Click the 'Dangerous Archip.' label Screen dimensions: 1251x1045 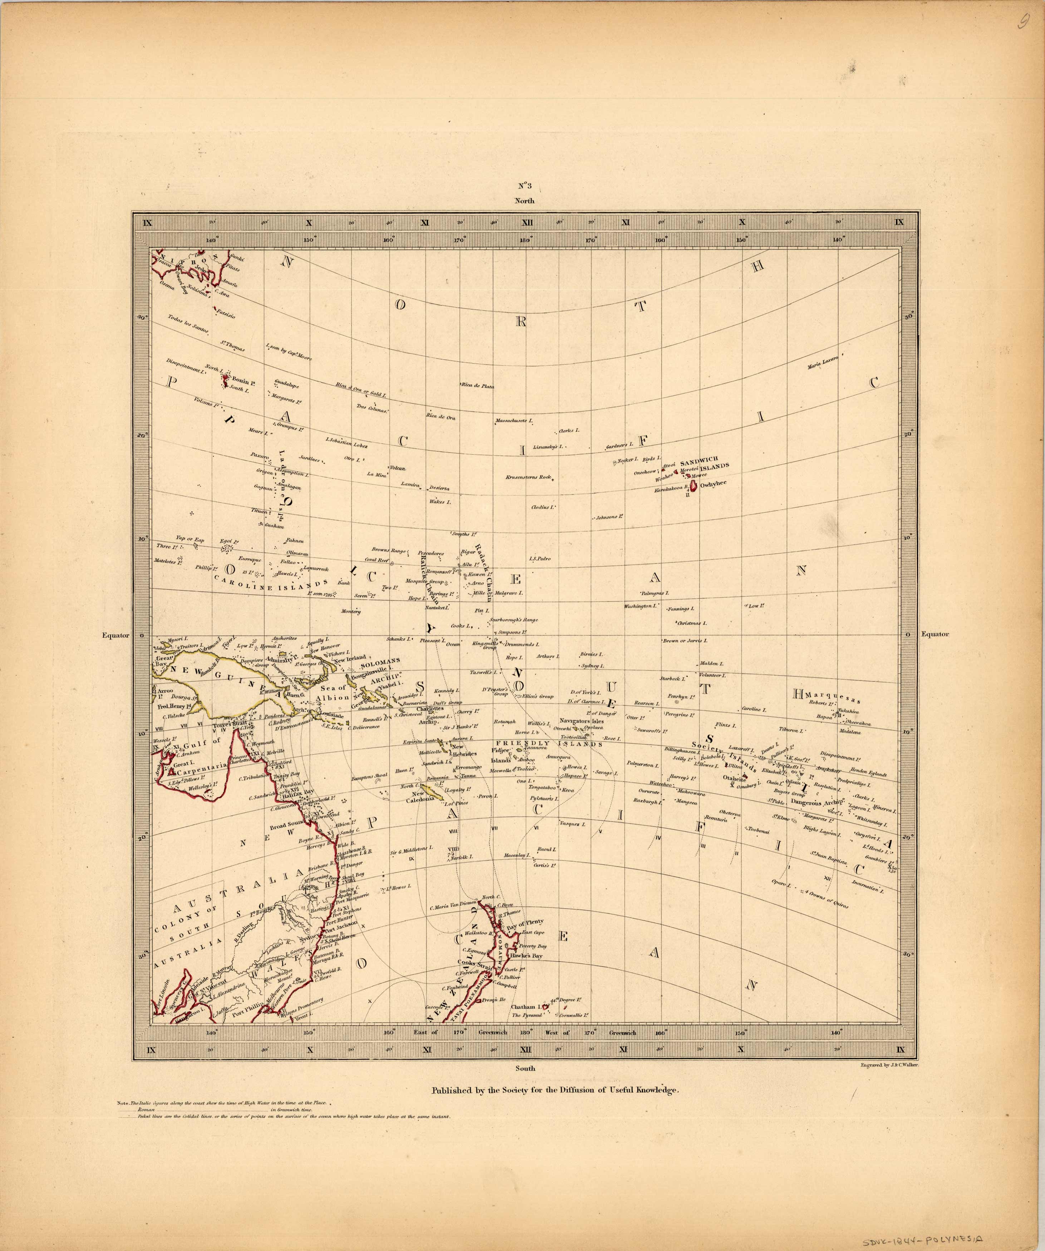[x=819, y=802]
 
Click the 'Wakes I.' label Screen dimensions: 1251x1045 [x=440, y=502]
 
